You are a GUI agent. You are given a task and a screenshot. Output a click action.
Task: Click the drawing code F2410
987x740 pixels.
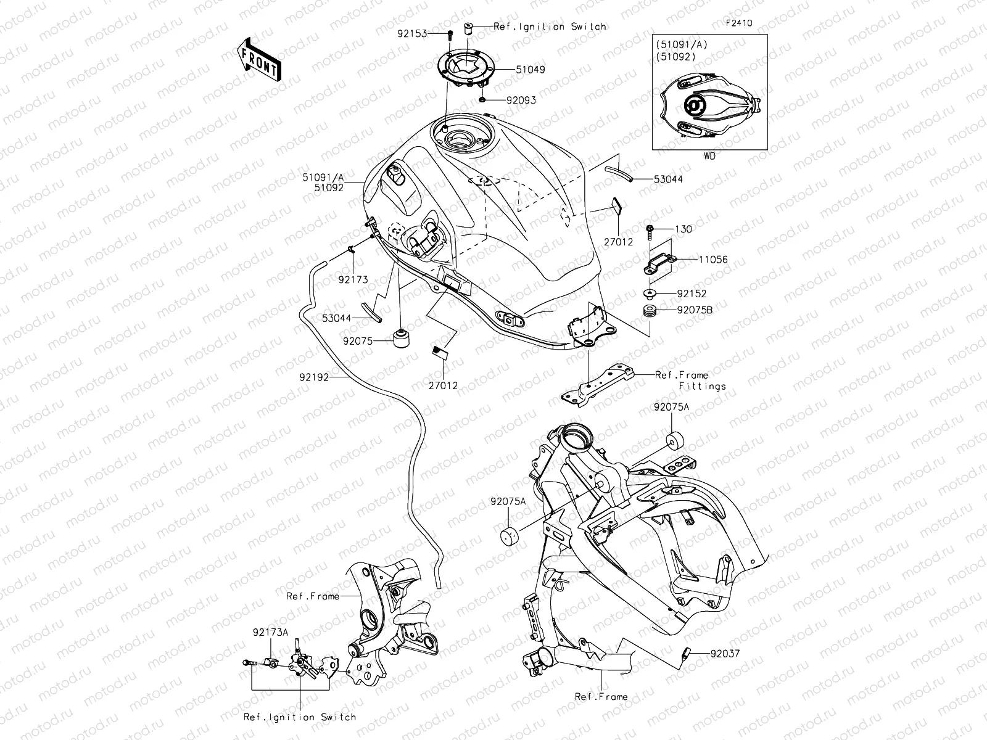[x=738, y=23]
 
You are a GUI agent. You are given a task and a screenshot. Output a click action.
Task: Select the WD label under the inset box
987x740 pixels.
[x=709, y=157]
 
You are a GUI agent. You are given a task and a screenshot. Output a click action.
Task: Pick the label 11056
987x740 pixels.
[x=712, y=260]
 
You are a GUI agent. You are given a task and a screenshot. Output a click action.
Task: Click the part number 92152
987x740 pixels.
[x=692, y=294]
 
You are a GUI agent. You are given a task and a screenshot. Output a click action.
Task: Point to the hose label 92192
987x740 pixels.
[x=315, y=376]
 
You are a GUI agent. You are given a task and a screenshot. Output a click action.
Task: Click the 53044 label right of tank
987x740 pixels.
[x=669, y=179]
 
